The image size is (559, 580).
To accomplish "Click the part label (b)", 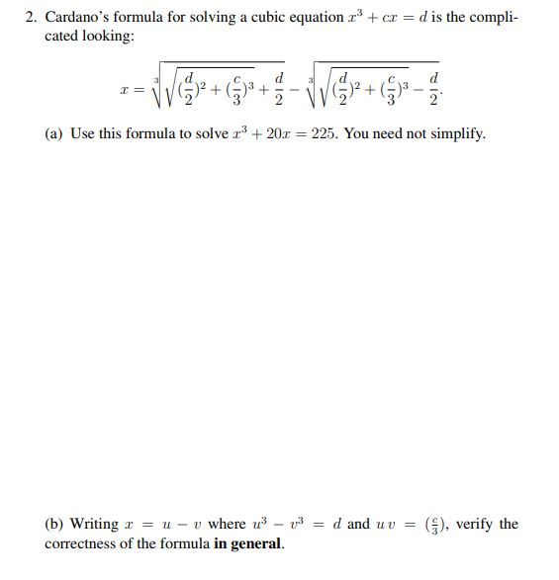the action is click(55, 525).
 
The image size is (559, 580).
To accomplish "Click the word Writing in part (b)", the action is click(95, 525).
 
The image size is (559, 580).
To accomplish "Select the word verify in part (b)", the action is click(475, 525).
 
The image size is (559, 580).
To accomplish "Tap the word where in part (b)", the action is click(227, 525).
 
